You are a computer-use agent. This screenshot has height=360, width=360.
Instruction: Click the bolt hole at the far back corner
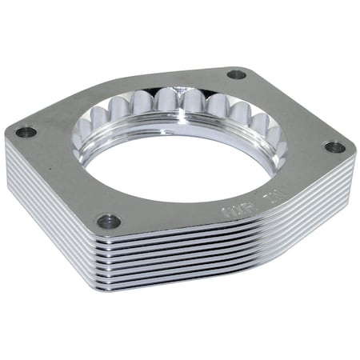pos(236,74)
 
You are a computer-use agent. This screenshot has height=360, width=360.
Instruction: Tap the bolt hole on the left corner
pos(27,132)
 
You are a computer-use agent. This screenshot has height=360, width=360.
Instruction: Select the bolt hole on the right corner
pos(334,146)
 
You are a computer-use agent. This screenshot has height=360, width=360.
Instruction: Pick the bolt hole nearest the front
pos(108,221)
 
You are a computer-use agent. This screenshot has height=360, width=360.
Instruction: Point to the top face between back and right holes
pos(288,108)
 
